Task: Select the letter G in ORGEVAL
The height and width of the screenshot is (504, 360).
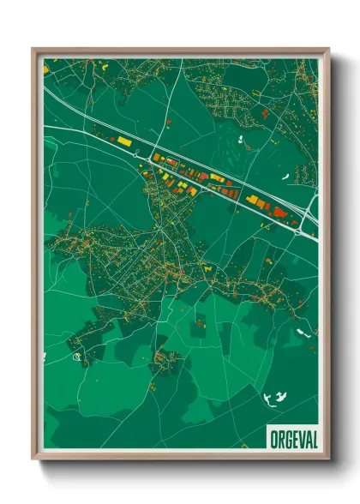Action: [287, 439]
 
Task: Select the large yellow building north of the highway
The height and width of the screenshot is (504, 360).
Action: [124, 140]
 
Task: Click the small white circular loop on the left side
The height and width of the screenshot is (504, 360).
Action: [76, 356]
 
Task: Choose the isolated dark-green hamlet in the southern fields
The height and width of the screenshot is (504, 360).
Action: [165, 360]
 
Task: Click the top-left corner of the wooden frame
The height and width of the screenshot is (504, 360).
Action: [33, 49]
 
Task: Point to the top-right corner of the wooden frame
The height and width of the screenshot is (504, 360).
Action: [328, 49]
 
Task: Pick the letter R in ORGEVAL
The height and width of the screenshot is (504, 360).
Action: [280, 439]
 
